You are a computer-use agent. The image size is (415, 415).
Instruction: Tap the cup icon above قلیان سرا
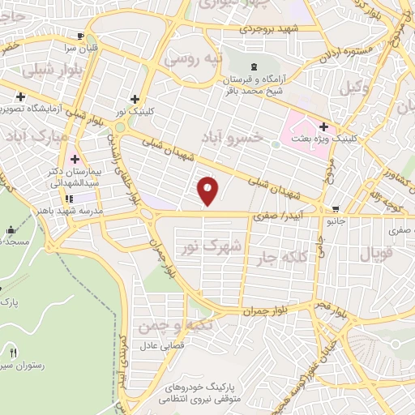coord(79,36)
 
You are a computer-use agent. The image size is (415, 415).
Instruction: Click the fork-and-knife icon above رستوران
coord(14,353)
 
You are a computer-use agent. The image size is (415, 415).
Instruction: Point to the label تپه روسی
coord(191,59)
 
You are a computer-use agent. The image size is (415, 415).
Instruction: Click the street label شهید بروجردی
coord(269,29)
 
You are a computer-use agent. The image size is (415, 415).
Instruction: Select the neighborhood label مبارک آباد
coord(28,135)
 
